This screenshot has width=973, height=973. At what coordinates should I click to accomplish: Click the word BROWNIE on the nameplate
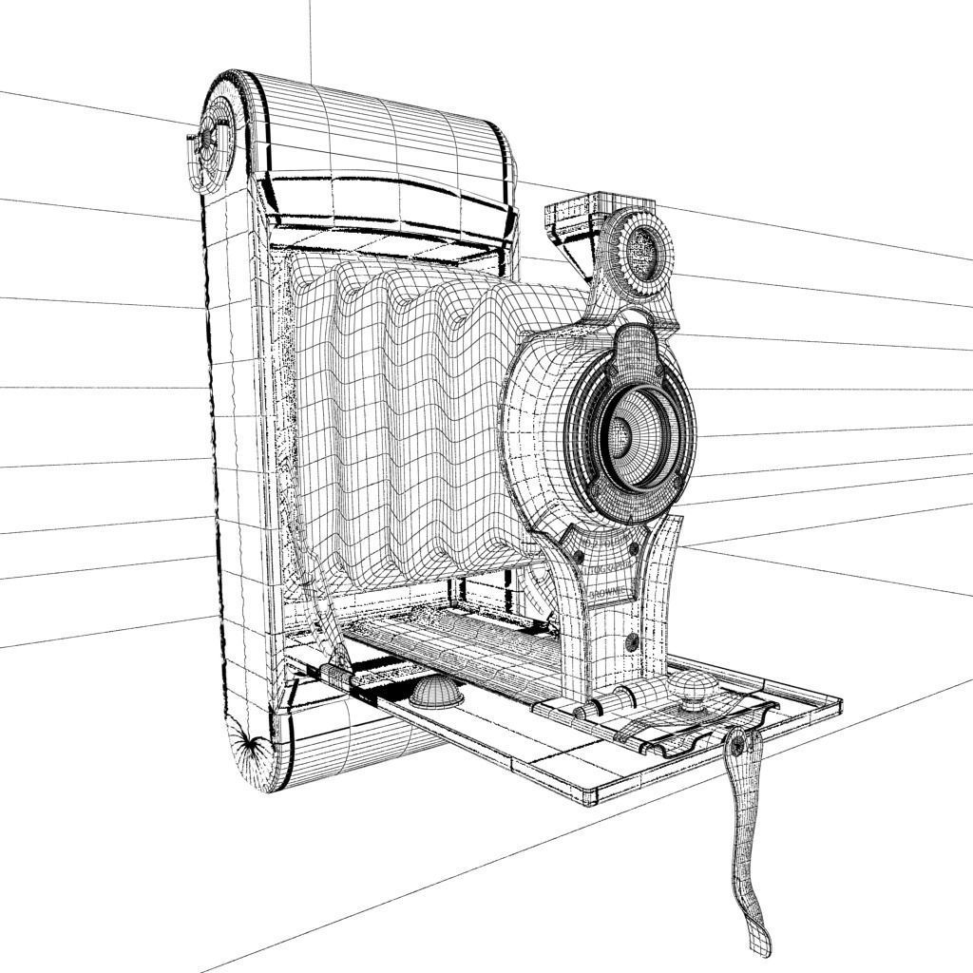(x=608, y=592)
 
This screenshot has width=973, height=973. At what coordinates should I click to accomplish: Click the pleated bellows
(x=409, y=418)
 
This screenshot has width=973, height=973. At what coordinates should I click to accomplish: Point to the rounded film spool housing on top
(x=380, y=133)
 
